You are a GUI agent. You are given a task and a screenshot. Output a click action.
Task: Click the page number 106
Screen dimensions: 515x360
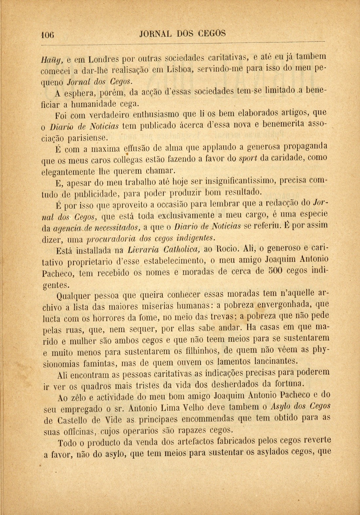pos(48,34)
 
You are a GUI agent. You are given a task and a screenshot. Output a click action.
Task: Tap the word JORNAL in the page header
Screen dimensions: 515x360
pos(156,34)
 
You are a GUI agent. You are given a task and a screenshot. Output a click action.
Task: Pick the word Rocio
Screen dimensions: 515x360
pos(222,249)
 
